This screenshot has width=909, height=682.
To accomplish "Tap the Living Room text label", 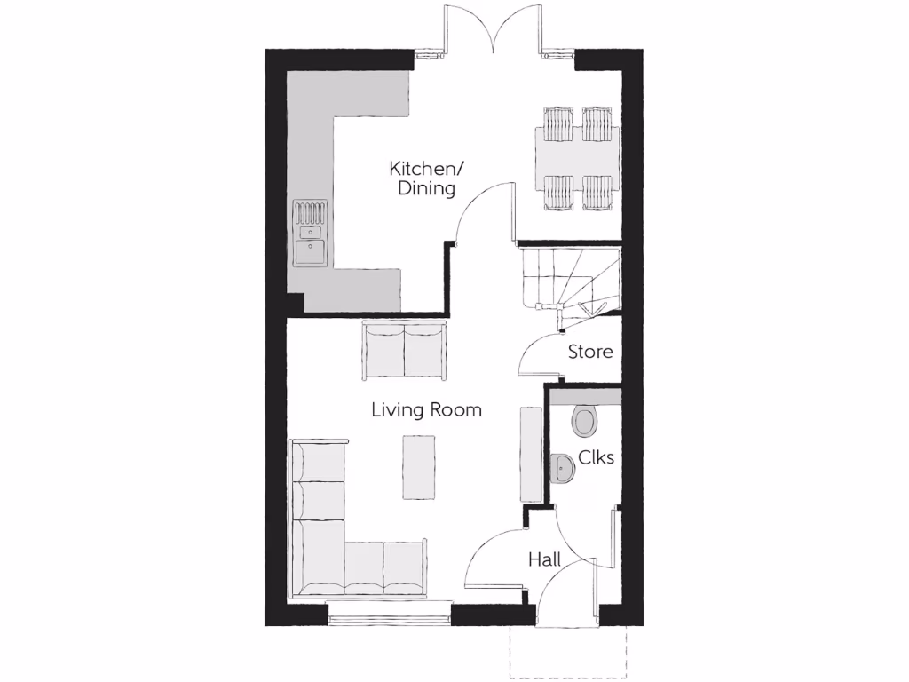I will coord(426,409).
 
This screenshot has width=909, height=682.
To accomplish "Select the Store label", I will coord(590,352).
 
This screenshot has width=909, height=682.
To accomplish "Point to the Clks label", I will coord(596,457).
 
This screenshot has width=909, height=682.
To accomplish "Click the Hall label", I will coord(544,559).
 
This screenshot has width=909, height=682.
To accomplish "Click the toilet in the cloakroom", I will coord(586,421).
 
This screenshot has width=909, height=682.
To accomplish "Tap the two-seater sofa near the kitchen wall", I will coord(404,352).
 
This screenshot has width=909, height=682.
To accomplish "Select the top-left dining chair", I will coord(558,124).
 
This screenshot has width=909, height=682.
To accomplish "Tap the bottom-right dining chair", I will coord(597,192).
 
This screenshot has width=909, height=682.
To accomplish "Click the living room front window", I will coord(390,614).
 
